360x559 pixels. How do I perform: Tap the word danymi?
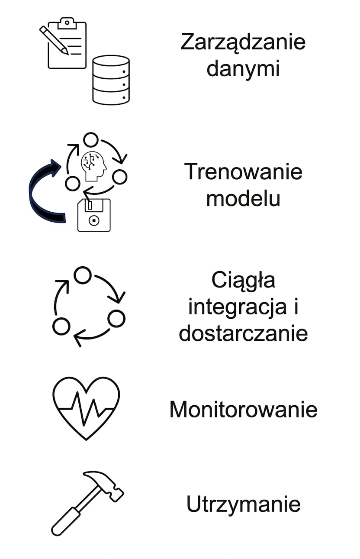click(243, 69)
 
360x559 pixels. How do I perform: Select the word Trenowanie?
click(243, 171)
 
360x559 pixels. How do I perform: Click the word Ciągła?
click(243, 281)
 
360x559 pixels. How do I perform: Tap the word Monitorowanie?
click(243, 410)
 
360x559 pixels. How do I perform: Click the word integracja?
click(237, 308)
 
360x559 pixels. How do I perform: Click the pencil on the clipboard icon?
click(54, 40)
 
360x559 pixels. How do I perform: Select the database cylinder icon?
click(111, 80)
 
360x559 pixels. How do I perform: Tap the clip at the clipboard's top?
click(67, 23)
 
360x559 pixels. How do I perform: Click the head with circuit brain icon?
click(93, 166)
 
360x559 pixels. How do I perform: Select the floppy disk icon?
click(94, 215)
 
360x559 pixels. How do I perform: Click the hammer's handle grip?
click(65, 520)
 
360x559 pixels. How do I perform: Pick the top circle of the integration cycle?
click(82, 275)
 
